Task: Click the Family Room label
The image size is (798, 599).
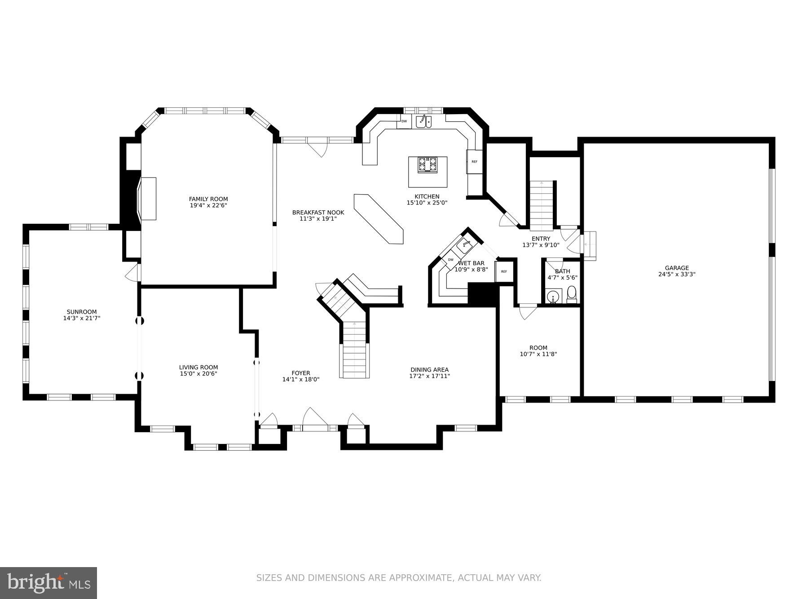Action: [x=208, y=199]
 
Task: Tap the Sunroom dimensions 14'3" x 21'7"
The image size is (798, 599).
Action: [x=81, y=318]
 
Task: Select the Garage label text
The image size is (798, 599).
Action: [x=677, y=268]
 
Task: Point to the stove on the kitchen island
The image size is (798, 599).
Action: [x=428, y=164]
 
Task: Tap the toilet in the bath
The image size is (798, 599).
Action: [x=572, y=295]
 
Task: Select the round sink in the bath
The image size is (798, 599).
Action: [x=553, y=297]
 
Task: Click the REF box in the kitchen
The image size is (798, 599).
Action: [x=474, y=162]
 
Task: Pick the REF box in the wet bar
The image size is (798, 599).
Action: [x=504, y=272]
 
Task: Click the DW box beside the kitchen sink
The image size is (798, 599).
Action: [x=404, y=121]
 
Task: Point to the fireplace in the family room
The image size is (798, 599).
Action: [x=147, y=198]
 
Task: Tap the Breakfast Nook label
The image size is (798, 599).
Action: [x=318, y=213]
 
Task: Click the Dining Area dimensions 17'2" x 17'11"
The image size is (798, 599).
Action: [x=429, y=376]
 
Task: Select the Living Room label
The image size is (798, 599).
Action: [x=198, y=367]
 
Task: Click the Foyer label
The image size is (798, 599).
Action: [x=300, y=373]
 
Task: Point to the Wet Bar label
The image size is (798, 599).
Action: [x=471, y=263]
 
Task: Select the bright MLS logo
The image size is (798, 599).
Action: [x=48, y=583]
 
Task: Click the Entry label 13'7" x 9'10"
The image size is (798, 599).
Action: [x=541, y=242]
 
